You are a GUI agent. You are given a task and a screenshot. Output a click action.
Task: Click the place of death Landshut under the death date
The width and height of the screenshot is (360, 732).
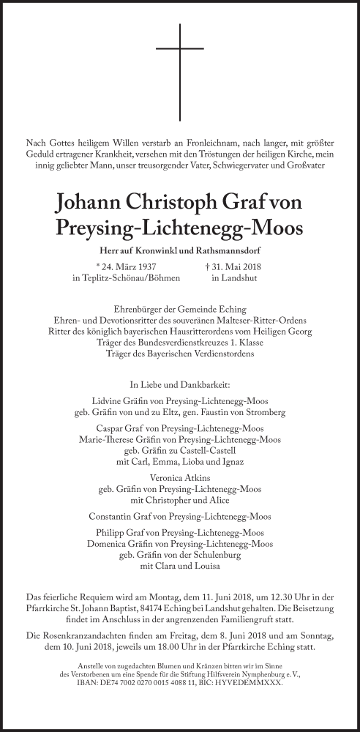click(x=232, y=280)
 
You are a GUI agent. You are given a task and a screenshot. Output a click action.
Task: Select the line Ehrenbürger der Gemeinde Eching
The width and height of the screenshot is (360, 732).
click(x=179, y=309)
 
